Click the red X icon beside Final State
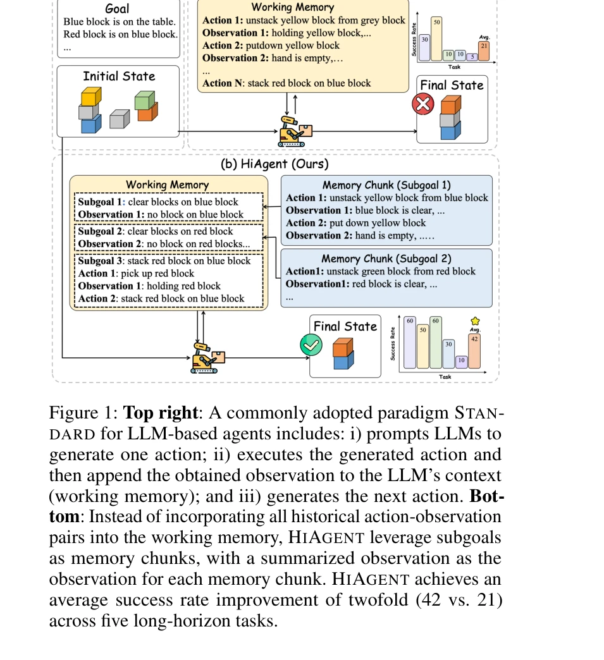tap(422, 104)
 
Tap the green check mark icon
tap(311, 345)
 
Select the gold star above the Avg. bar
tap(475, 321)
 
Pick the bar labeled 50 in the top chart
tap(437, 39)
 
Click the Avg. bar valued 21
tap(484, 51)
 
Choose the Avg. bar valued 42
tap(474, 351)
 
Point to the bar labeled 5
tap(472, 57)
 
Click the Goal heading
tap(118, 9)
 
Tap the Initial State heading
tap(119, 76)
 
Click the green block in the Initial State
tap(145, 100)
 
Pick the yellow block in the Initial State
tap(90, 97)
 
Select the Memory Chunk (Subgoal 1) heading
tap(386, 185)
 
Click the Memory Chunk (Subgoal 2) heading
tap(386, 259)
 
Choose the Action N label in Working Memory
tap(223, 83)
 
